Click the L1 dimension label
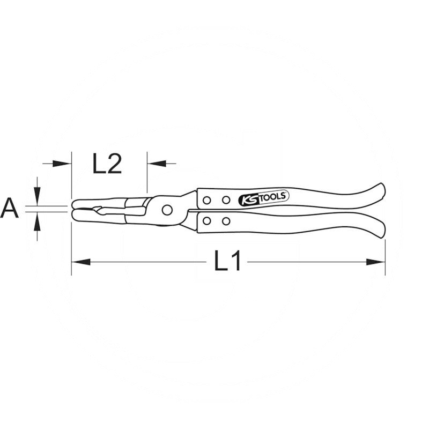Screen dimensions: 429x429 pyautogui.click(x=227, y=260)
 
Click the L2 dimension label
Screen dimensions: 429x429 pyautogui.click(x=107, y=164)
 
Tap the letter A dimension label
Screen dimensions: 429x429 pyautogui.click(x=9, y=208)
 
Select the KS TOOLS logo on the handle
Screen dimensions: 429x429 pyautogui.click(x=264, y=198)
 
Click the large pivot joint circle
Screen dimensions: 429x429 pyautogui.click(x=167, y=210)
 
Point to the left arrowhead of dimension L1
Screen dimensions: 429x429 pyautogui.click(x=81, y=262)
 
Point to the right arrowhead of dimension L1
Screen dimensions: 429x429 pyautogui.click(x=376, y=262)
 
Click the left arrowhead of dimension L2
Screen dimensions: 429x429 pyautogui.click(x=62, y=164)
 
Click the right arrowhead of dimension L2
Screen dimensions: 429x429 pyautogui.click(x=157, y=164)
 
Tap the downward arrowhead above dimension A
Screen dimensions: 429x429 pyautogui.click(x=38, y=196)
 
